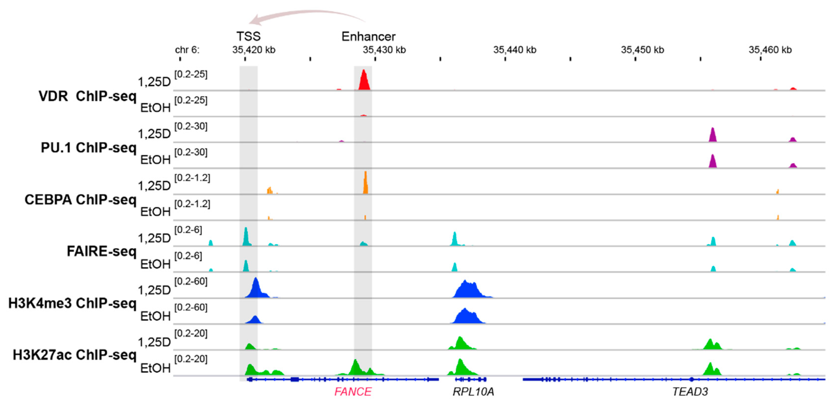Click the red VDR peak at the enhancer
pyautogui.click(x=364, y=81)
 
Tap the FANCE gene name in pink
pyautogui.click(x=353, y=392)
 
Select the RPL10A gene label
pyautogui.click(x=473, y=392)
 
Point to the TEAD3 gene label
pyautogui.click(x=690, y=392)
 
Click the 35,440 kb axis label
pyautogui.click(x=515, y=50)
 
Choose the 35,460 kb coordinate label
pyautogui.click(x=770, y=50)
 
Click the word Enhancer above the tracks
pyautogui.click(x=369, y=36)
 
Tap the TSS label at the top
pyautogui.click(x=248, y=36)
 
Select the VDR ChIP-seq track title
pyautogui.click(x=87, y=96)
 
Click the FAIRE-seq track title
pyautogui.click(x=101, y=251)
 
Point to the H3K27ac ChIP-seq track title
pyautogui.click(x=74, y=355)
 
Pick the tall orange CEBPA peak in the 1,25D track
pyautogui.click(x=366, y=184)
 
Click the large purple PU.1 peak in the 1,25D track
pyautogui.click(x=713, y=136)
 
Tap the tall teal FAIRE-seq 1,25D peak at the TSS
pyautogui.click(x=246, y=237)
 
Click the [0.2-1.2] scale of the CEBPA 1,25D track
pyautogui.click(x=192, y=178)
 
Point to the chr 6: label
pyautogui.click(x=187, y=50)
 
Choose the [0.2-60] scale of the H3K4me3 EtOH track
pyautogui.click(x=191, y=307)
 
